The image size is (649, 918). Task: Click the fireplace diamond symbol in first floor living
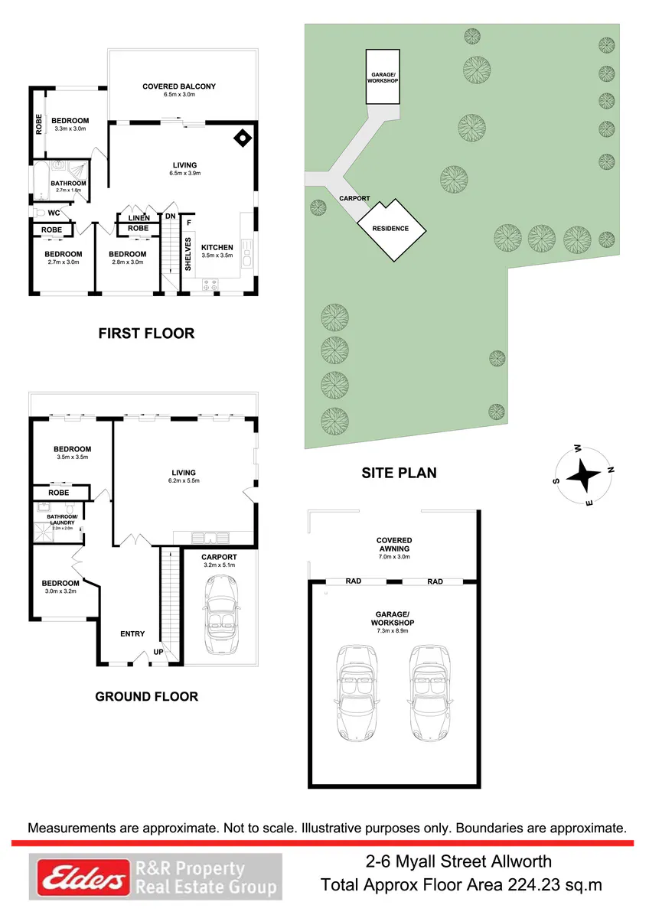(243, 138)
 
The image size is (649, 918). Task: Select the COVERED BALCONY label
(179, 86)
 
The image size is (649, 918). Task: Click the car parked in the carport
(220, 614)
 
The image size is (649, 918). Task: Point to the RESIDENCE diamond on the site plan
(392, 229)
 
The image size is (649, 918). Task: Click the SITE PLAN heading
(399, 473)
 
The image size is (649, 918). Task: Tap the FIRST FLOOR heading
(146, 334)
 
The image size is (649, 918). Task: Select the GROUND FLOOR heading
(146, 696)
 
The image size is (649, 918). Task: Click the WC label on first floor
(54, 213)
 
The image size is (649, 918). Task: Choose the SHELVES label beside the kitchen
(188, 254)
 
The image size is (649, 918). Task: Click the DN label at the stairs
(170, 216)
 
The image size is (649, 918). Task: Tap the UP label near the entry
(158, 652)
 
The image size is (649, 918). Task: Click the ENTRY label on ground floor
(132, 633)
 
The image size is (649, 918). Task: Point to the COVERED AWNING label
(394, 545)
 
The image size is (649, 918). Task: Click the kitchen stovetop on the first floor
(210, 285)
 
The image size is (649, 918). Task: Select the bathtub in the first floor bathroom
(41, 182)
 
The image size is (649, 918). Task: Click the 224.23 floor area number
(534, 886)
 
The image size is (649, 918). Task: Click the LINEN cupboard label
(139, 218)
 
